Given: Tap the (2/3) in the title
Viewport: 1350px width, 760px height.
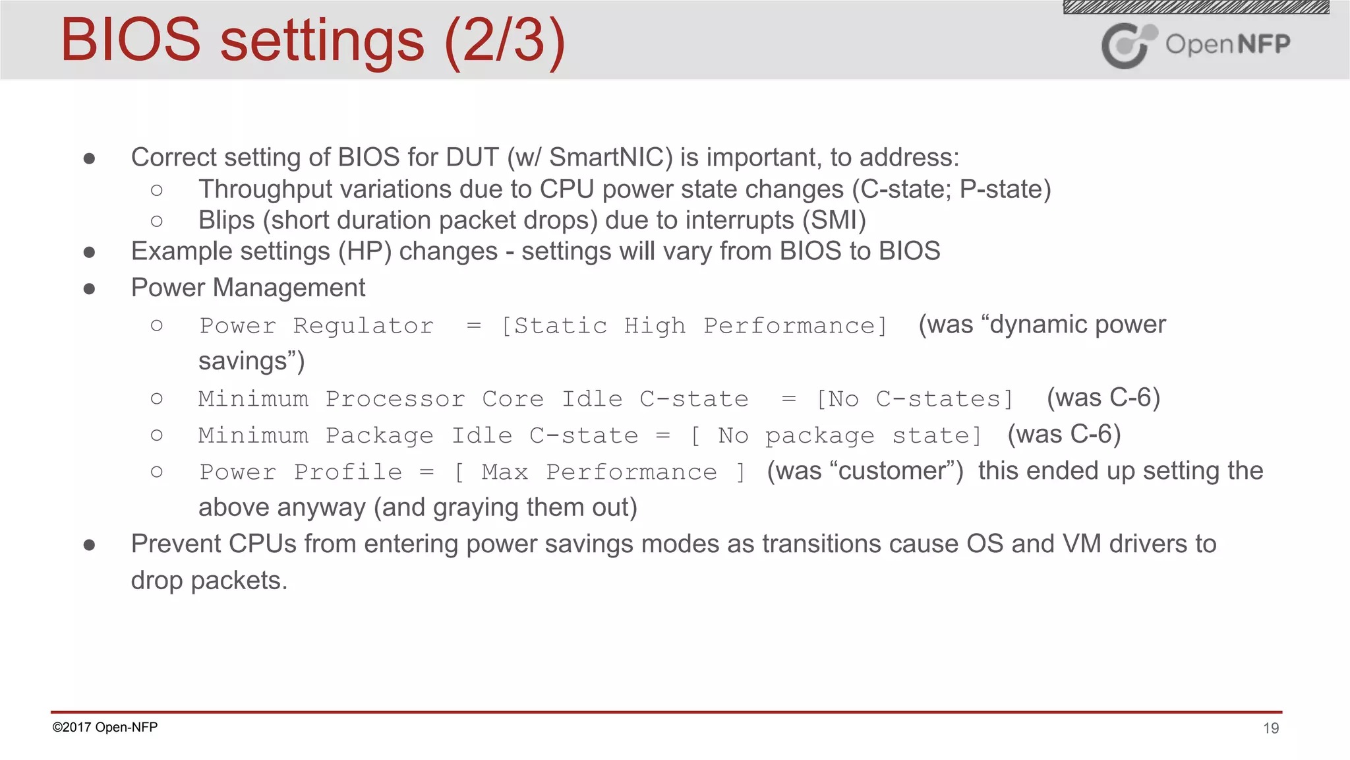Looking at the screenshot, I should (505, 41).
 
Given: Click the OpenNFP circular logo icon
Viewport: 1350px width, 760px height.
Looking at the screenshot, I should (1127, 45).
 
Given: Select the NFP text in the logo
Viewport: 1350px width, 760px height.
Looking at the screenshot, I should (1263, 44).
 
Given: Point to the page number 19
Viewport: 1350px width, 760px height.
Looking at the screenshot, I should (1271, 728).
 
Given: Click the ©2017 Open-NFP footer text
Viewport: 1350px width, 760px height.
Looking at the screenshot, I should (105, 727).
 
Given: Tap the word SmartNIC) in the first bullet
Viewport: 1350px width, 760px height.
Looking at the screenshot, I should (611, 157).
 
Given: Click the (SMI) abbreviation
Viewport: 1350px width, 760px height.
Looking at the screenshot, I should (834, 220).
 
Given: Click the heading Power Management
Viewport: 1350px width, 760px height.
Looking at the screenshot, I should (248, 288).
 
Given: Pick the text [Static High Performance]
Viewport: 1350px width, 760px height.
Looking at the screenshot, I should (694, 326).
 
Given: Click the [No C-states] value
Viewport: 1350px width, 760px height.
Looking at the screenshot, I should (914, 399).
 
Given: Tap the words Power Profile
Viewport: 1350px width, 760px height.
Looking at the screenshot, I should (301, 472).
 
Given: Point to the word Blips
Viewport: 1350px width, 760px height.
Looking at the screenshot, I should (226, 220).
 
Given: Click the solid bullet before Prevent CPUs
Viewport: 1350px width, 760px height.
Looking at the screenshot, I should (90, 545).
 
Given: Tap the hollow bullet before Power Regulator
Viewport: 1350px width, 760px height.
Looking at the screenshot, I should (156, 325).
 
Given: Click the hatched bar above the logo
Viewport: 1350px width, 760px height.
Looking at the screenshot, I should (1196, 7).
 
